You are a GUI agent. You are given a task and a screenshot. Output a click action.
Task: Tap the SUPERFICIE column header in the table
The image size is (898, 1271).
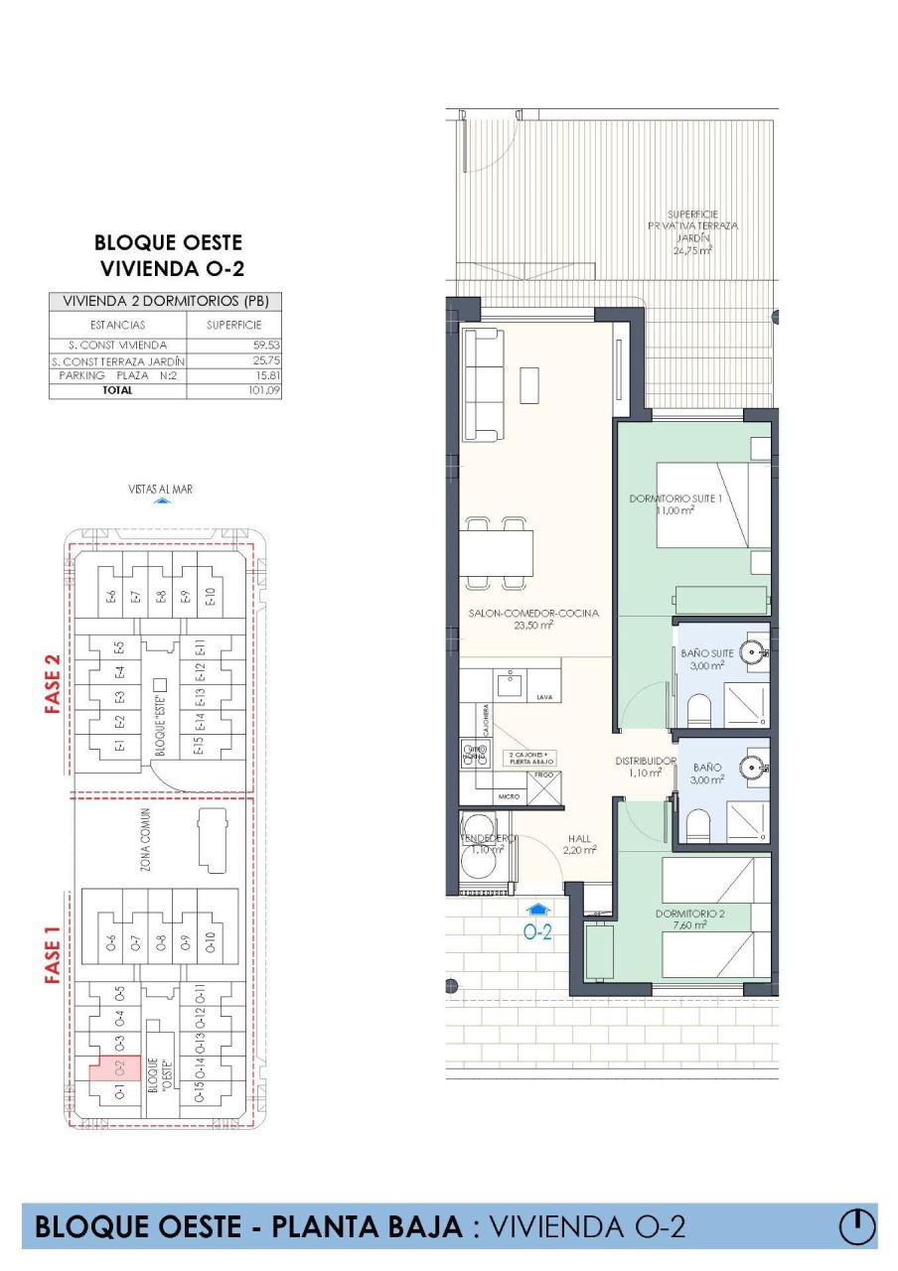click(x=233, y=325)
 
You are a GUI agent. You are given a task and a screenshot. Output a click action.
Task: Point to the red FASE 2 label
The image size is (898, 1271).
click(x=54, y=684)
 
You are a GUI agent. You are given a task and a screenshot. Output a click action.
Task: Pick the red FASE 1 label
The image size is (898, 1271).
click(x=54, y=955)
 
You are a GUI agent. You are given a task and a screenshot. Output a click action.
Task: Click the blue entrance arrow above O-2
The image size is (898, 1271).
click(x=537, y=908)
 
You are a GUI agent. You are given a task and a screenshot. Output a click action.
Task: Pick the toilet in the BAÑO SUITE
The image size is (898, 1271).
click(x=699, y=708)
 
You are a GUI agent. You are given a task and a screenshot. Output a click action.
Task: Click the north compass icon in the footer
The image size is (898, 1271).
click(x=856, y=1225)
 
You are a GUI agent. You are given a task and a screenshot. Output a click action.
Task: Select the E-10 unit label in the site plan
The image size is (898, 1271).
click(x=210, y=597)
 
